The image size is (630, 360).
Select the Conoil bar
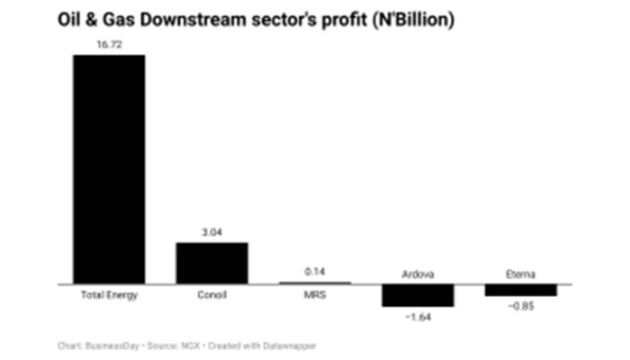click(211, 263)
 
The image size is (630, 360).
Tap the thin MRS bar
click(314, 283)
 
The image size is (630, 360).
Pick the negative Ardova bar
click(418, 295)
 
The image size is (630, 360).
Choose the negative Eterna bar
click(520, 290)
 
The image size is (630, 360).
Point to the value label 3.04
click(211, 231)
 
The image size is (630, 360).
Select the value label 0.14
click(314, 271)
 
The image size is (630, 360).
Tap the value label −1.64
click(418, 318)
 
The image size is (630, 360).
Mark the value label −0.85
click(520, 307)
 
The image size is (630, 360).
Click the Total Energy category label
click(109, 295)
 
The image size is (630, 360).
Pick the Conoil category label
click(211, 295)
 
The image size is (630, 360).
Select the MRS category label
click(314, 295)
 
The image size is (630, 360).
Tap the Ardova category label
click(418, 274)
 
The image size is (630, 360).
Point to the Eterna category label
click(520, 274)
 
